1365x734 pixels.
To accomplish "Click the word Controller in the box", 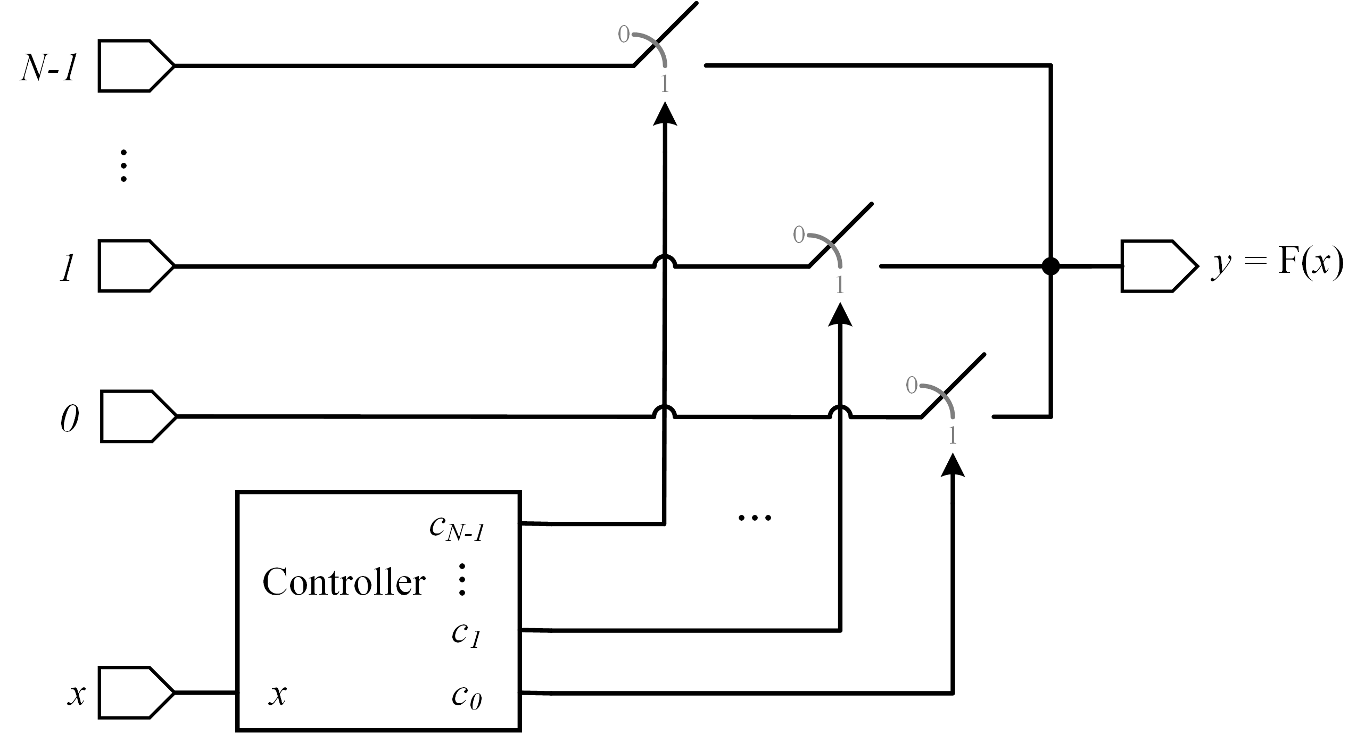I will click(x=344, y=582).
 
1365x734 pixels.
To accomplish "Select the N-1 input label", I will click(x=49, y=68).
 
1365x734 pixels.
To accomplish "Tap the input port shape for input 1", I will click(x=136, y=266).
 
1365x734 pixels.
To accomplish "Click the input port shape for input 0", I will click(x=137, y=416).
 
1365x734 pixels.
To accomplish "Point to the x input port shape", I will click(x=136, y=692).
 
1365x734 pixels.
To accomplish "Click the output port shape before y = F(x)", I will click(x=1159, y=266).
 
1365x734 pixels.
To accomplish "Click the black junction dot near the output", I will click(x=1050, y=266).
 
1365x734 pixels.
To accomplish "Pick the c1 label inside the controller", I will click(x=467, y=635).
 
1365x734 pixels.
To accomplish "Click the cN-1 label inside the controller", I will click(x=457, y=529).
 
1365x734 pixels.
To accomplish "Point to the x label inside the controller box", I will click(x=277, y=695).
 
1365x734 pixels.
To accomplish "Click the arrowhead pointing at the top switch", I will click(x=665, y=114).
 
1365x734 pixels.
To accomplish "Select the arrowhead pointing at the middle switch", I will click(x=840, y=314).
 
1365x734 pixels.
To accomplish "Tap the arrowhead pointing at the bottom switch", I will click(x=953, y=465).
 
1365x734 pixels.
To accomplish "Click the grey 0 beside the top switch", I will click(x=623, y=35).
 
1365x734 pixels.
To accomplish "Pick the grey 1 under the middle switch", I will click(x=840, y=286).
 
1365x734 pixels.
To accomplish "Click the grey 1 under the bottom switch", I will click(x=953, y=437).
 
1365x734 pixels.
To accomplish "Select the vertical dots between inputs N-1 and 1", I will click(x=123, y=166).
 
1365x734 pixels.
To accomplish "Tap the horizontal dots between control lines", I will click(x=755, y=517).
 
